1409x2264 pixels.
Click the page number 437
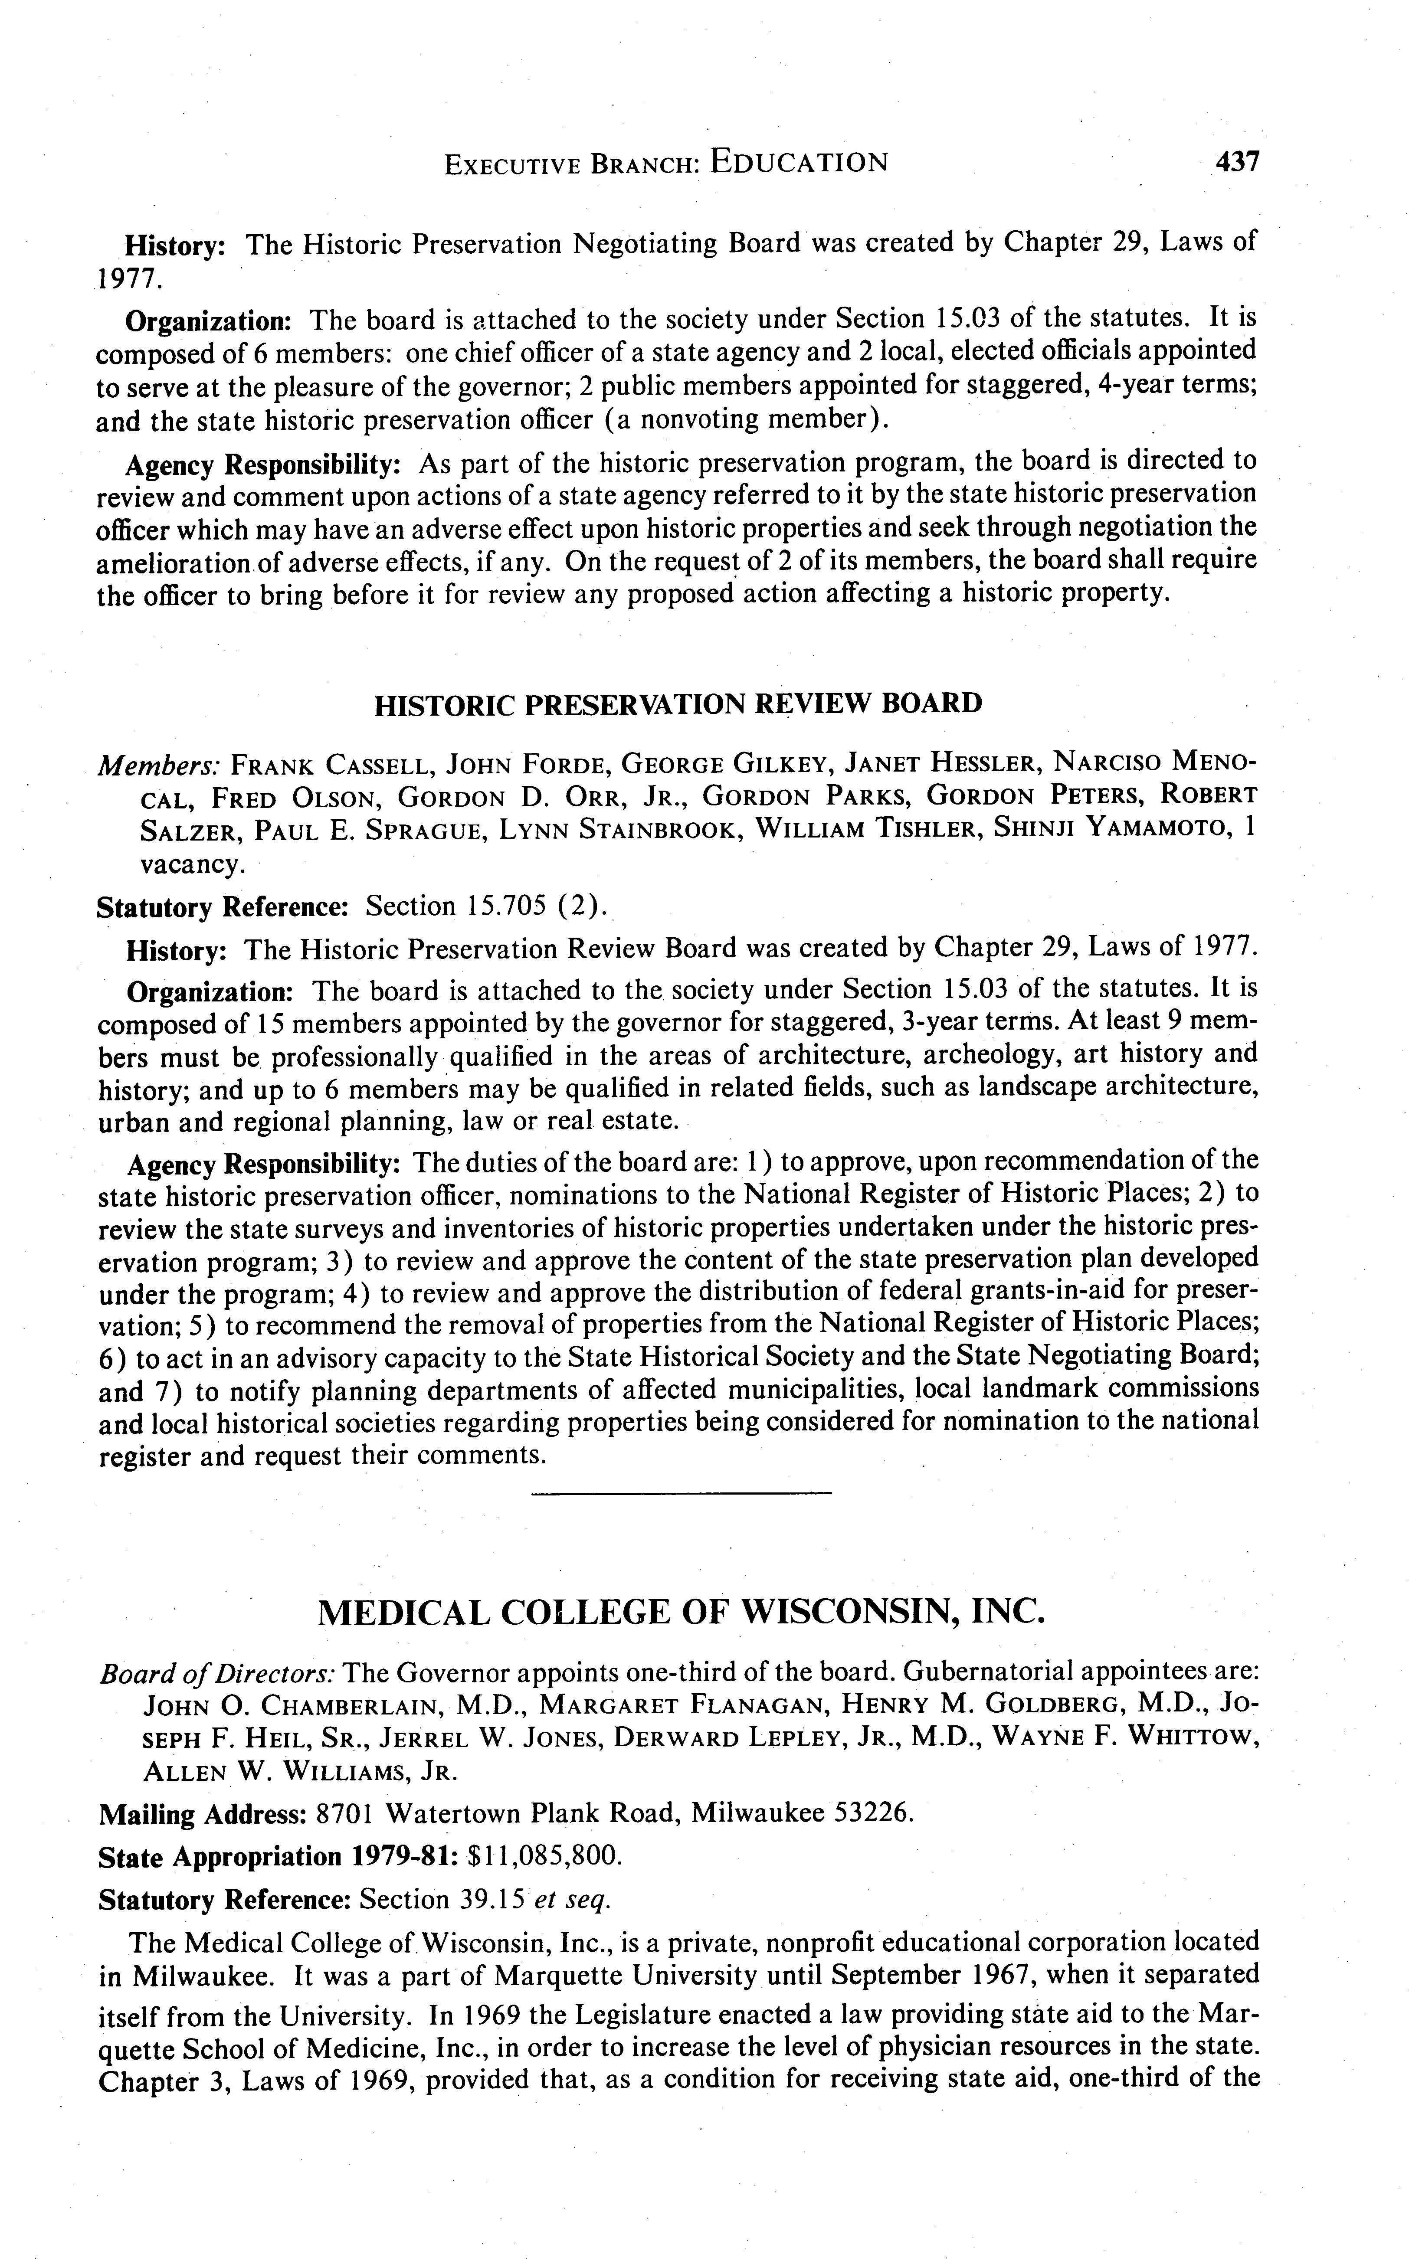1237,162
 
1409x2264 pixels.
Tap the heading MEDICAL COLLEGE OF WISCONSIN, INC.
681,1611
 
